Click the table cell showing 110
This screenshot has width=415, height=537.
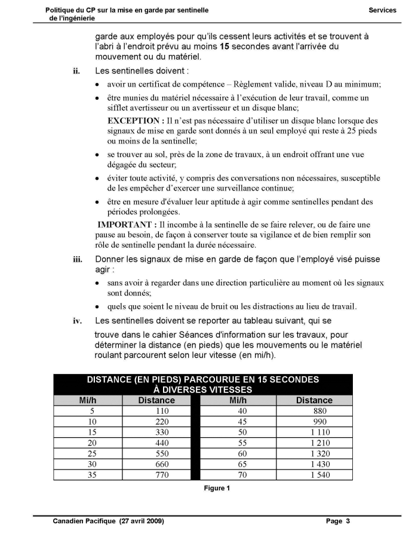pos(156,411)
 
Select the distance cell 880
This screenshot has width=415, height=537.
pos(314,411)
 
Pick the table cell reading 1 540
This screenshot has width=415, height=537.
pos(314,475)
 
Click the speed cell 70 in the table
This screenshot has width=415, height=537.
pos(242,475)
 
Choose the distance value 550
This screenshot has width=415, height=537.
pos(156,453)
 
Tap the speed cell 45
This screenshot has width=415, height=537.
pos(242,422)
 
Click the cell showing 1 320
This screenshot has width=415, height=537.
pos(314,453)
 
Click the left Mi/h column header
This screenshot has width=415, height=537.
pos(88,400)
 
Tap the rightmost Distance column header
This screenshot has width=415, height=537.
pos(314,400)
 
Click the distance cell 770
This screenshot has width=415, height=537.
pos(156,475)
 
